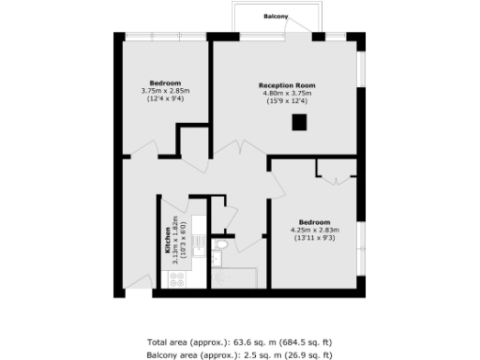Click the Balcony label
pyautogui.click(x=275, y=17)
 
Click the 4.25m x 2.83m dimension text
pyautogui.click(x=313, y=231)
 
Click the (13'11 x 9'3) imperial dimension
pyautogui.click(x=313, y=238)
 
